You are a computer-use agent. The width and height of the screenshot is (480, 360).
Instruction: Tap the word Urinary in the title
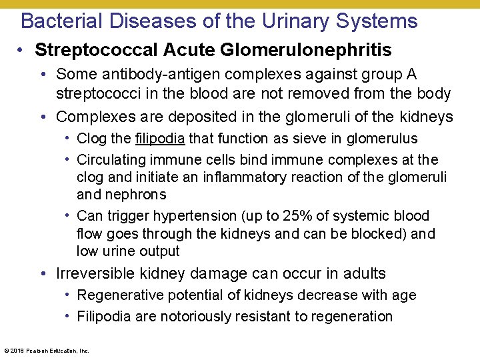click(294, 21)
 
